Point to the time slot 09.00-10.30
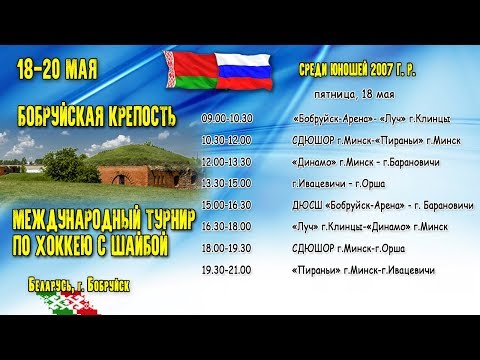coord(227,118)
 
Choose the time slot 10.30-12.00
coord(227,140)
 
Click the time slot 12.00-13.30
coord(227,161)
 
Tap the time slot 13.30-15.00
coord(227,183)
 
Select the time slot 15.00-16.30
coord(227,205)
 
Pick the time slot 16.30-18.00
coord(227,227)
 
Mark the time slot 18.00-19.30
coord(227,249)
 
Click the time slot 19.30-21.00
coord(227,270)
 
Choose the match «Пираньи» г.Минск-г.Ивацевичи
coord(364,270)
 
